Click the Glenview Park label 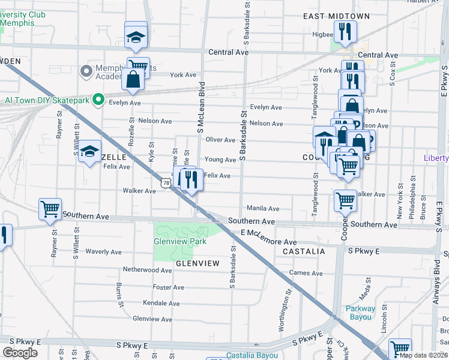tap(180, 241)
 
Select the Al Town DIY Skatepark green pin tap(101, 100)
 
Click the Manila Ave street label tap(263, 209)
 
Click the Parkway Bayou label tap(360, 313)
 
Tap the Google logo tap(20, 353)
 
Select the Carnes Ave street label tap(306, 273)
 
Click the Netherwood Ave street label tap(147, 270)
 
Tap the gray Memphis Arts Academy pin tap(86, 72)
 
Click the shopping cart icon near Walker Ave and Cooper tap(345, 200)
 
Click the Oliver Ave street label tap(220, 140)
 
